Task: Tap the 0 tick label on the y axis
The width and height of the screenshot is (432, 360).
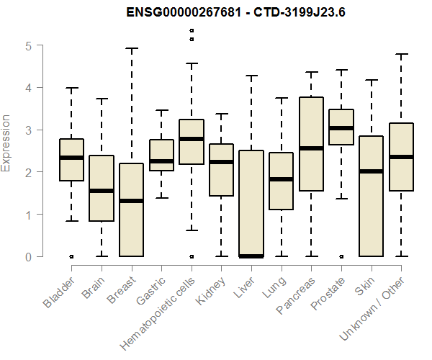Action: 28,256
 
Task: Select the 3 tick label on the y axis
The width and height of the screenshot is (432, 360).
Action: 28,130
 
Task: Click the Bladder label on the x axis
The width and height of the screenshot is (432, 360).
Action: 59,292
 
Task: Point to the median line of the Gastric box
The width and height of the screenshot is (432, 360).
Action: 161,161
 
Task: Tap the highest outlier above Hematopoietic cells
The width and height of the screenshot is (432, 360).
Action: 191,30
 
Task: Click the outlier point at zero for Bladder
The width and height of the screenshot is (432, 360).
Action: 71,256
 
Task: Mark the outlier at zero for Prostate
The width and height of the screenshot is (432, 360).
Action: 341,256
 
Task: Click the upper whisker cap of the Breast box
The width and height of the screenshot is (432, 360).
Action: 131,48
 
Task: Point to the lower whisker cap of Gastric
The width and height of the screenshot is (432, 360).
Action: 161,197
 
